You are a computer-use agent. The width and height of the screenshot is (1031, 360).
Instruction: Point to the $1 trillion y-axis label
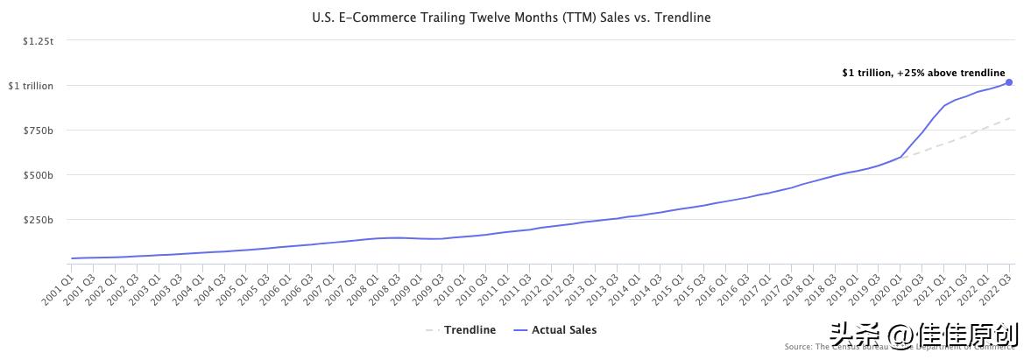(31, 86)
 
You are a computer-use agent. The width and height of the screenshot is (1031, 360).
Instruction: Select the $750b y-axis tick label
(39, 131)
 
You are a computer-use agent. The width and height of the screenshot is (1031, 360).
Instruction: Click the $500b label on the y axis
(39, 175)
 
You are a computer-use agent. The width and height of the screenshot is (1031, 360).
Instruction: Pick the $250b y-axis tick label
(39, 220)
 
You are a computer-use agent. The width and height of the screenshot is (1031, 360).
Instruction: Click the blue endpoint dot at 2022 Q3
(1009, 82)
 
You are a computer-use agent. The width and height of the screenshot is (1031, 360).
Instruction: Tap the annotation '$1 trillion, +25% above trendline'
(923, 74)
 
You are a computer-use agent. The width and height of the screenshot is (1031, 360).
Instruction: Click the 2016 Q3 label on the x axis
(731, 287)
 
